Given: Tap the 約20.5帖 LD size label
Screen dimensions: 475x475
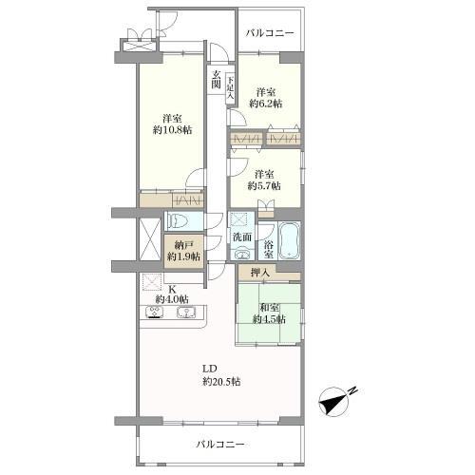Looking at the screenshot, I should click(220, 382).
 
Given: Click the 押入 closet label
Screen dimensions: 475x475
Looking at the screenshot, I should click(259, 274).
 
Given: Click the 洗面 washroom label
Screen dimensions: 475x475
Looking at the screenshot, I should click(241, 237).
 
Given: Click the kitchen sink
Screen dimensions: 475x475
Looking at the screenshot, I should click(185, 313).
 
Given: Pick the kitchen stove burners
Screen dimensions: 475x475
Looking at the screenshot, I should click(155, 313).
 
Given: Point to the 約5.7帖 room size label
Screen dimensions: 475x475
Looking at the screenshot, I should click(265, 186).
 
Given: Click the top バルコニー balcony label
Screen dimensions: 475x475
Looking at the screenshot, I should click(270, 34).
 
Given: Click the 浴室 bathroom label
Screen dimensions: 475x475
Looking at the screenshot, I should click(269, 249).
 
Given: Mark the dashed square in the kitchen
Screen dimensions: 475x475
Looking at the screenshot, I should click(150, 282).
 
